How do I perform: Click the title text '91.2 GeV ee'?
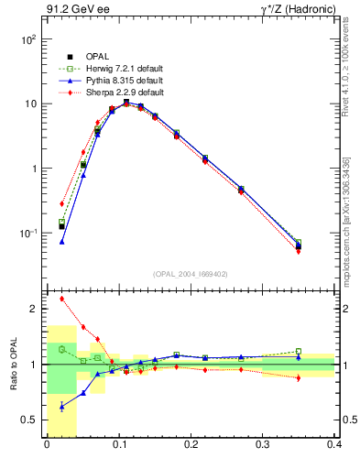tap(72, 10)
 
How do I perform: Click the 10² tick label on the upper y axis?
tap(28, 40)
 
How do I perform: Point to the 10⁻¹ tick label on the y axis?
tap(28, 233)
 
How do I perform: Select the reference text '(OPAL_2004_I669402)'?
tap(191, 273)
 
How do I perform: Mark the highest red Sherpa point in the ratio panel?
tap(61, 299)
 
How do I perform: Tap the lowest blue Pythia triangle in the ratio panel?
tap(61, 406)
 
